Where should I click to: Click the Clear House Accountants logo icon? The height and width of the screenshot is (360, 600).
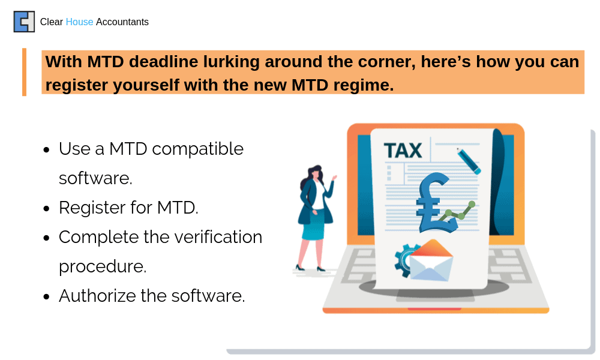[24, 22]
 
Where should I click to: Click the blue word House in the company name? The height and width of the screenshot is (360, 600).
[79, 22]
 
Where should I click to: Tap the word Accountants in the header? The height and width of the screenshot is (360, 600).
[122, 22]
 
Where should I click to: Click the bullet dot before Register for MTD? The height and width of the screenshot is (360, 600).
[47, 209]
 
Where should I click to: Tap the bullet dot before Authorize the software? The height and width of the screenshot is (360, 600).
[47, 296]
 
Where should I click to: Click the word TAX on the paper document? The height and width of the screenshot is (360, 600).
[403, 151]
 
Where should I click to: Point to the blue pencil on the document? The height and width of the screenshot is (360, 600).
[469, 161]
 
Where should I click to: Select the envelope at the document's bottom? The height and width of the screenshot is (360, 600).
[431, 260]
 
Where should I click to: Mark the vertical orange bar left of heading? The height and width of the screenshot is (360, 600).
[25, 72]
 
